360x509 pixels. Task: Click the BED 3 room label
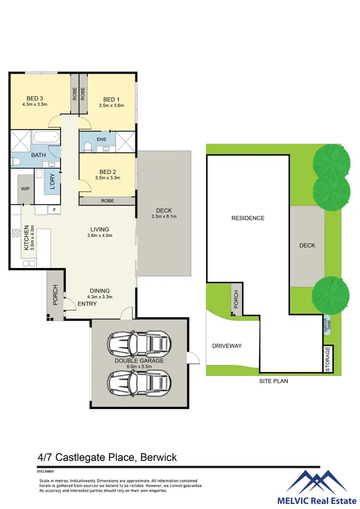(35, 98)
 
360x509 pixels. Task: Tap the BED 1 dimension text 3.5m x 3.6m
(111, 106)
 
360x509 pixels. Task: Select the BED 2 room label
(108, 172)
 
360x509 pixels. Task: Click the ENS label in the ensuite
(101, 140)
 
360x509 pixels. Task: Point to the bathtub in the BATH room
(47, 137)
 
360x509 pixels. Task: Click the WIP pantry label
(25, 189)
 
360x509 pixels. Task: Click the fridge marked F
(54, 210)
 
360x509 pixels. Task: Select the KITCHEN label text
(27, 238)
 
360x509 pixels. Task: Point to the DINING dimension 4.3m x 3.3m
(99, 297)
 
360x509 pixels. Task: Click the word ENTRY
(87, 303)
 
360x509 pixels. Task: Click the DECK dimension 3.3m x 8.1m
(164, 217)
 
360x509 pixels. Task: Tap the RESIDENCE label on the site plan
(248, 218)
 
